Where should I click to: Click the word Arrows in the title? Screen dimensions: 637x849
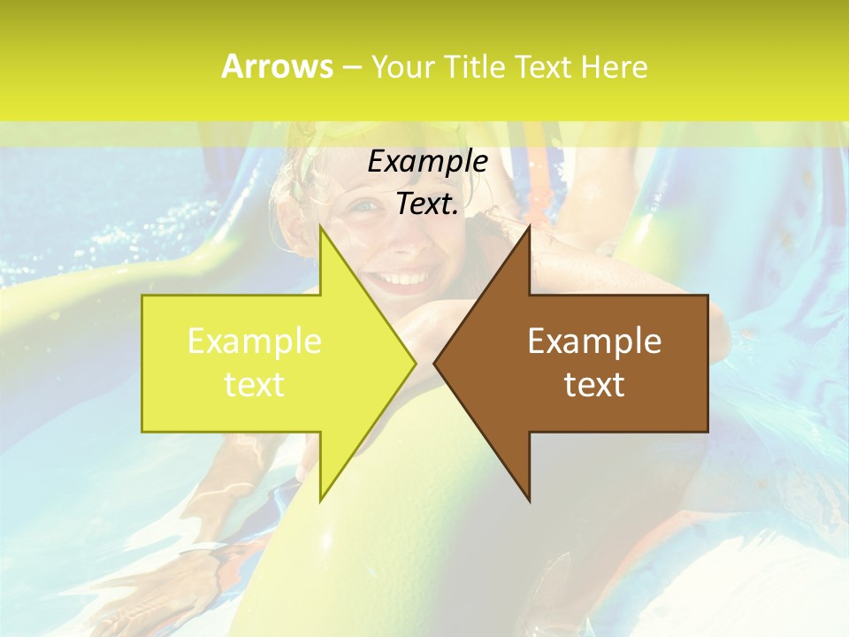(x=278, y=66)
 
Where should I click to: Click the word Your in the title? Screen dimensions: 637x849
(x=403, y=66)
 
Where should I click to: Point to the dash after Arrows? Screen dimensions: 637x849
(x=352, y=67)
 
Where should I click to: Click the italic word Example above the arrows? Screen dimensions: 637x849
(x=428, y=161)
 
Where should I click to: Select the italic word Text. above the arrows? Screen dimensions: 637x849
(x=428, y=203)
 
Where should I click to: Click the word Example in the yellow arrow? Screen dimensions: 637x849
(x=255, y=341)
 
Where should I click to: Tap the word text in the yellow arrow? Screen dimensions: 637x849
(x=255, y=384)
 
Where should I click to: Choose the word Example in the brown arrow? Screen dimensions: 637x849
(x=594, y=341)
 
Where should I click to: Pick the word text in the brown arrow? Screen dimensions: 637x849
(x=594, y=384)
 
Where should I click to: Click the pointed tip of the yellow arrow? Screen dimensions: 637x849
(x=414, y=363)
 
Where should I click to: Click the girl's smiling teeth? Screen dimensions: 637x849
(x=403, y=280)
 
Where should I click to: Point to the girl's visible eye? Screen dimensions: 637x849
(x=365, y=205)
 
